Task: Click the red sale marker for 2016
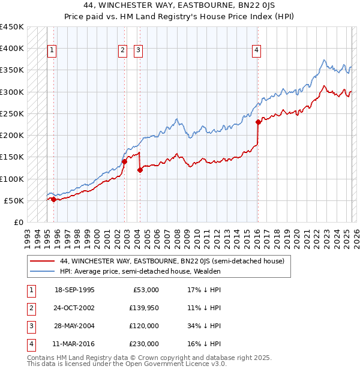pyautogui.click(x=259, y=122)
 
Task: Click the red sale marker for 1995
pyautogui.click(x=53, y=199)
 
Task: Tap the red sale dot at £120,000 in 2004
pyautogui.click(x=140, y=170)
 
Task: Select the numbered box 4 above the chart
pyautogui.click(x=256, y=51)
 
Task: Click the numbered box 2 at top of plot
pyautogui.click(x=122, y=51)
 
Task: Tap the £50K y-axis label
pyautogui.click(x=14, y=200)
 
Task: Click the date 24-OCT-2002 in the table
pyautogui.click(x=74, y=308)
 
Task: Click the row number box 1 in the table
pyautogui.click(x=31, y=290)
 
